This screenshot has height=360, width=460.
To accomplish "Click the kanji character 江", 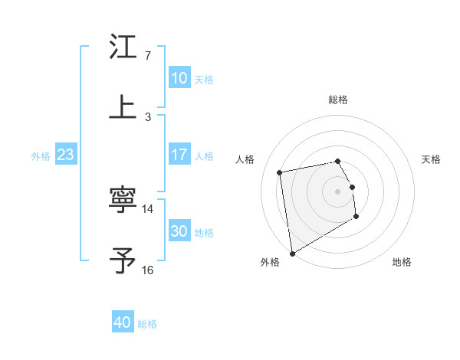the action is tap(123, 47).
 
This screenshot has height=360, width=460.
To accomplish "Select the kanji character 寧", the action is tap(123, 201).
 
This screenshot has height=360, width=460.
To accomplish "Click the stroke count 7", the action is tap(147, 56).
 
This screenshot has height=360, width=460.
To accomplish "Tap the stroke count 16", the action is tap(147, 270).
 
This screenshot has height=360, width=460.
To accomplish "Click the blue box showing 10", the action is tap(179, 78).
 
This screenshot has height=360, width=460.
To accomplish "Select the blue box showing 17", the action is tap(179, 155).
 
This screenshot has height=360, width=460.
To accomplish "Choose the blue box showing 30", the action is tap(179, 231).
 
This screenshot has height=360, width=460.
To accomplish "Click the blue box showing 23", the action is tap(65, 155).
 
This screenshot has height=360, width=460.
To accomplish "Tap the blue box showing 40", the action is tap(123, 322).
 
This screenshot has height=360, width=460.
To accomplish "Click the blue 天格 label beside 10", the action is tap(204, 80).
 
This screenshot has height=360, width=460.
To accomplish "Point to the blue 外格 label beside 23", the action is tap(41, 156).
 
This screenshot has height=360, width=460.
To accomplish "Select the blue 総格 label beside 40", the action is tap(147, 324).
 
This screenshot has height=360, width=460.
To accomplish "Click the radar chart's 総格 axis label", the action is tap(338, 100).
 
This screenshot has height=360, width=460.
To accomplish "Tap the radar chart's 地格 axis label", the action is tap(402, 263).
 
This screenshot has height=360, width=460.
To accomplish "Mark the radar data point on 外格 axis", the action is tap(291, 253).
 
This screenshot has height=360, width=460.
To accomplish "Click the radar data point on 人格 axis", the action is tap(280, 172).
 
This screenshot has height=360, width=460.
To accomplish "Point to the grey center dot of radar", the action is tap(338, 191).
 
